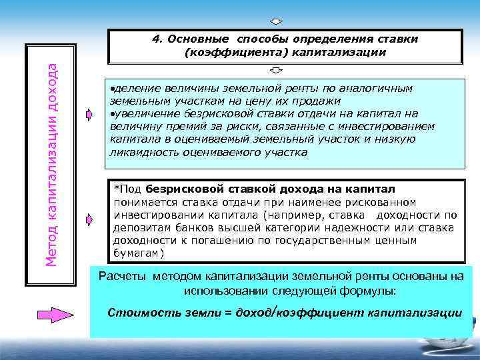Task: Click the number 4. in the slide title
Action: (x=157, y=39)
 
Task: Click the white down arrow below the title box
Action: (x=276, y=70)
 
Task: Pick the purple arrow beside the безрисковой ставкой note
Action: (x=90, y=219)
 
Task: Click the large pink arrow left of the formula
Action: (x=55, y=313)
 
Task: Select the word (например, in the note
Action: (x=293, y=215)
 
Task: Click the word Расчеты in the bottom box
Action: (x=122, y=277)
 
